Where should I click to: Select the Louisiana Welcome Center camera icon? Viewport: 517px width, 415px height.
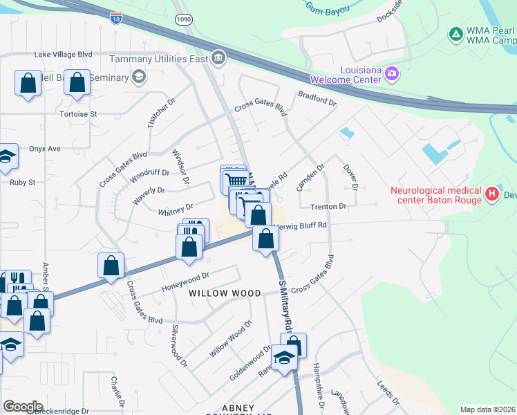[x=392, y=73]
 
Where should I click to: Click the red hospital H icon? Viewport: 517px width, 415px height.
[x=492, y=194]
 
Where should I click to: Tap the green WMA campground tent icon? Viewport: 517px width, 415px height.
[x=455, y=33]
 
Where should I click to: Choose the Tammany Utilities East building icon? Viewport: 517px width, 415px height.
[x=218, y=56]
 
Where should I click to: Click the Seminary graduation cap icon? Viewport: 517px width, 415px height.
[x=138, y=75]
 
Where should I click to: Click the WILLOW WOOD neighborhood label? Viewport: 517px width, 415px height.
[x=216, y=293]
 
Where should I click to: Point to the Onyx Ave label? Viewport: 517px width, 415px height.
[x=45, y=148]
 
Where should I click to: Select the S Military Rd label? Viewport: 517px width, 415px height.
[x=285, y=305]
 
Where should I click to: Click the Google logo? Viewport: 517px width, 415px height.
[x=23, y=407]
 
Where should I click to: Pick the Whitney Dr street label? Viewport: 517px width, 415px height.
[x=176, y=207]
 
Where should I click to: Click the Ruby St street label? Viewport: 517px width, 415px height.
[x=22, y=183]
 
